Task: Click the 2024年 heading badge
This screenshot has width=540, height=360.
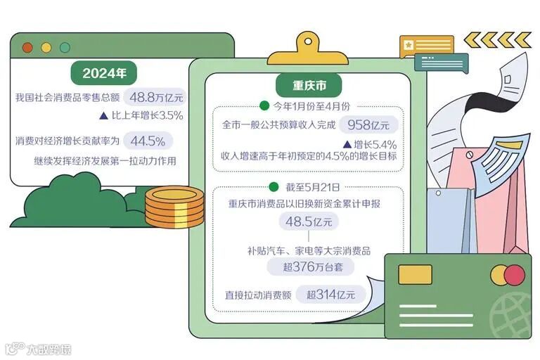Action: (x=103, y=72)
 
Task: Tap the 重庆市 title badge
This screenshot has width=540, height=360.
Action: (x=309, y=86)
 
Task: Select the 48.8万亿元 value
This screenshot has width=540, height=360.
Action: (x=153, y=97)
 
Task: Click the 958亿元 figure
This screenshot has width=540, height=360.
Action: (x=368, y=125)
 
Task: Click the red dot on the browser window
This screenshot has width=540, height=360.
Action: (x=28, y=47)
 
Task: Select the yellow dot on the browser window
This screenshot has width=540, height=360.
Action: (x=46, y=47)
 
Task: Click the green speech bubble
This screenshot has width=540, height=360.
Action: (x=441, y=63)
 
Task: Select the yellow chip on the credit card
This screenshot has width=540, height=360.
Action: (x=415, y=274)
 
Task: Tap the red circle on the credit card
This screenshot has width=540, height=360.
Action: (x=515, y=274)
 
